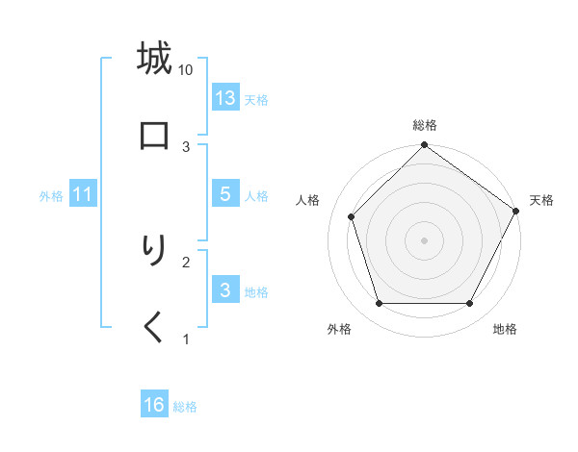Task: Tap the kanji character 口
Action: pos(154,136)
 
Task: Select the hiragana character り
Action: pos(154,251)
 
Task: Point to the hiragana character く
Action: pos(154,328)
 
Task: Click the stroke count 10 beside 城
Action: pos(186,69)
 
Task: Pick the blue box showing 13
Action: pos(225,98)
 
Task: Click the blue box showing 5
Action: pos(225,194)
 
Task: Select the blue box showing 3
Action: pos(225,290)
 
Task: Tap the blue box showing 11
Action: pos(83,194)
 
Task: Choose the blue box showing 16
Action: pos(154,406)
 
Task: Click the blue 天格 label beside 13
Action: pos(256,99)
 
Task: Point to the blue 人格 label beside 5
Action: pos(256,196)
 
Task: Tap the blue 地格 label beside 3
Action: pos(256,292)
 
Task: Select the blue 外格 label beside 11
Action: pos(51,196)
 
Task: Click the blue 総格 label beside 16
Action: pos(185,407)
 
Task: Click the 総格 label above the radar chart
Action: pos(425,125)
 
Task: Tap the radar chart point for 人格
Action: pos(352,216)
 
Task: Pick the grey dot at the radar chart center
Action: pos(425,239)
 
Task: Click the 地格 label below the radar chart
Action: pos(505,330)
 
